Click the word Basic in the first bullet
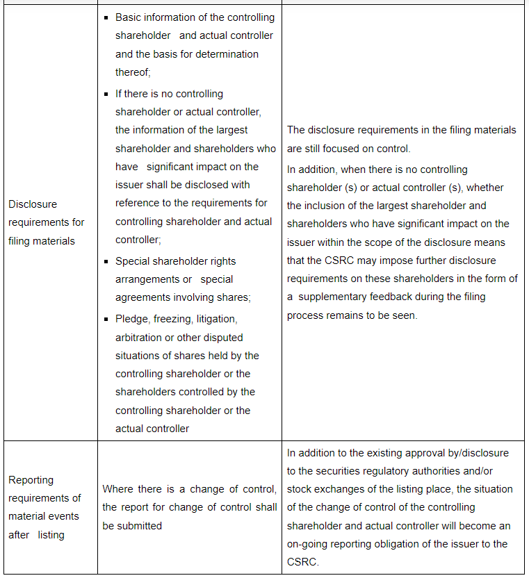pyautogui.click(x=129, y=17)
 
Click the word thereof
pyautogui.click(x=132, y=72)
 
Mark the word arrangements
pyautogui.click(x=145, y=279)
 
